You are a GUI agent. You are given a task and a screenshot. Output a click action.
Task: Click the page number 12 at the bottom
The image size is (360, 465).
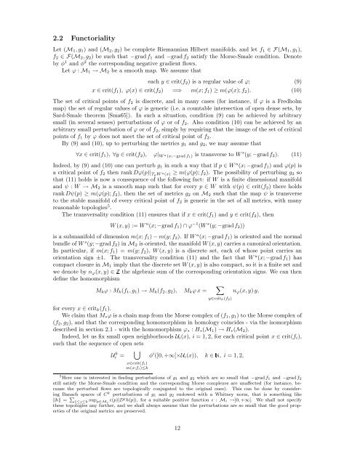click(x=180, y=450)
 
